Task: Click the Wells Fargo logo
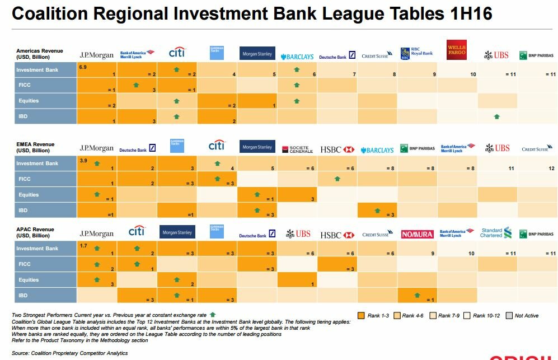457,50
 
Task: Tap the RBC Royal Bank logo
417,53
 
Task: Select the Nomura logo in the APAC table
417,235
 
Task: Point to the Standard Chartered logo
496,233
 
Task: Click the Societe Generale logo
297,150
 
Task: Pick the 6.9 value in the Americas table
83,67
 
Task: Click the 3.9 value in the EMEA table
83,161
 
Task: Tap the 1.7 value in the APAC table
83,245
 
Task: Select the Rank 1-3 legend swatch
361,316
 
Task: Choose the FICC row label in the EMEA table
24,179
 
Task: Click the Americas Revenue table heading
40,54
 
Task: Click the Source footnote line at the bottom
70,353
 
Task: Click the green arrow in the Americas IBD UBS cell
496,116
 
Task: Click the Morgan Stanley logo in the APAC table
177,233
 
